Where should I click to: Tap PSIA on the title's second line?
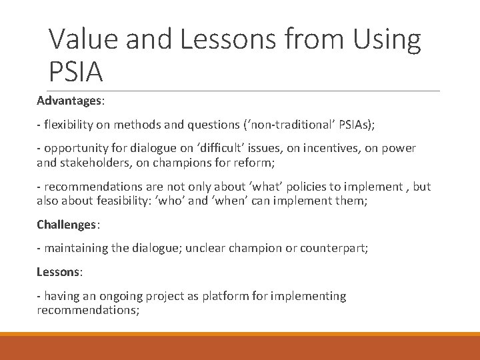[76, 71]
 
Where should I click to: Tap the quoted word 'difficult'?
[213, 148]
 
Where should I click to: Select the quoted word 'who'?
[198, 199]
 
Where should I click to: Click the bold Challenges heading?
[66, 225]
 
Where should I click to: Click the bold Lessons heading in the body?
[57, 273]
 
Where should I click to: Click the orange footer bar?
[240, 347]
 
